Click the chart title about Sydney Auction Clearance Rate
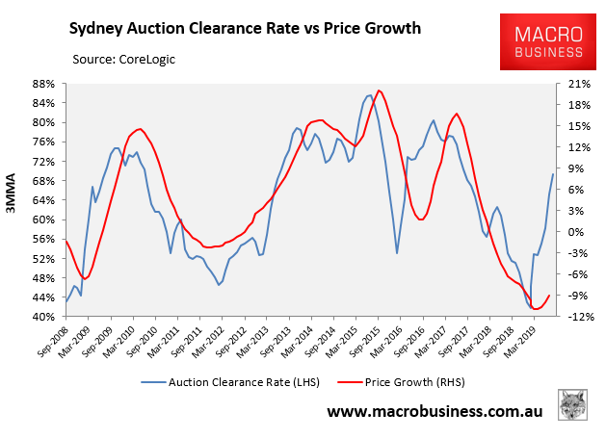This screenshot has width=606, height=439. [x=246, y=27]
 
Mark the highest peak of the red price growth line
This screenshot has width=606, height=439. [x=380, y=90]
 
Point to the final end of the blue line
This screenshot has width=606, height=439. [x=553, y=174]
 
